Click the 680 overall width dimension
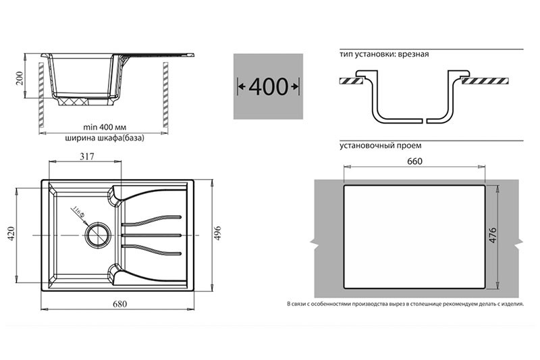pos(119,304)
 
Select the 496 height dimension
pos(217,234)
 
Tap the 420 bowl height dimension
pos(11,234)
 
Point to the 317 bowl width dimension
pos(87,157)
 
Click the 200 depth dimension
pos(19,78)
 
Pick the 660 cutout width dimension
pos(414,161)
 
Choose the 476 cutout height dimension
pos(493,235)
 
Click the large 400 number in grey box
pos(268,86)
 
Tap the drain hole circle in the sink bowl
pos(98,235)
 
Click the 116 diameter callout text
pos(78,213)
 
